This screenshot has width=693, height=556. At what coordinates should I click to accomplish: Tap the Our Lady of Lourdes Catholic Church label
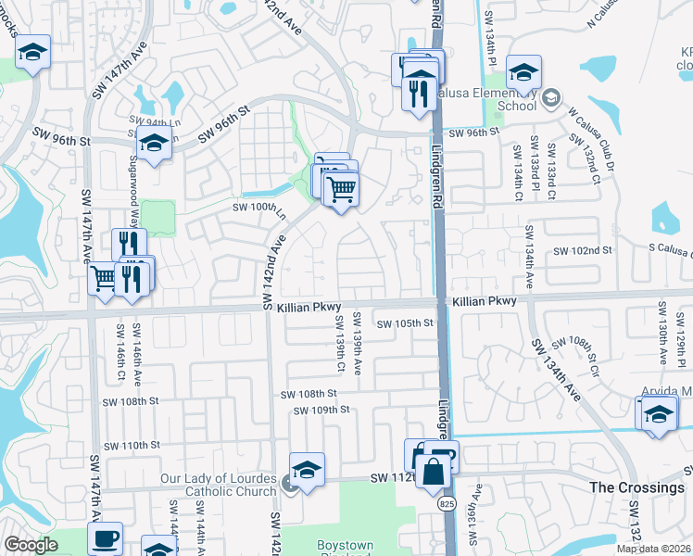pyautogui.click(x=220, y=485)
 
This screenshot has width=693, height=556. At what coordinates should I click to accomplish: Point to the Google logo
pyautogui.click(x=31, y=545)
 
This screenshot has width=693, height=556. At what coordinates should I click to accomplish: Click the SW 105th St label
pyautogui.click(x=406, y=322)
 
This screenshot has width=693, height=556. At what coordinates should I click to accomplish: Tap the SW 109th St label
pyautogui.click(x=321, y=410)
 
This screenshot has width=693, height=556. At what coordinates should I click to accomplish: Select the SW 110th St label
pyautogui.click(x=132, y=445)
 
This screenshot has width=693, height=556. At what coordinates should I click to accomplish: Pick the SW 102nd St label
pyautogui.click(x=583, y=250)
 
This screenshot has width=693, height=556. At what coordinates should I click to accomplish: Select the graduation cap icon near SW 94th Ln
pyautogui.click(x=154, y=142)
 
